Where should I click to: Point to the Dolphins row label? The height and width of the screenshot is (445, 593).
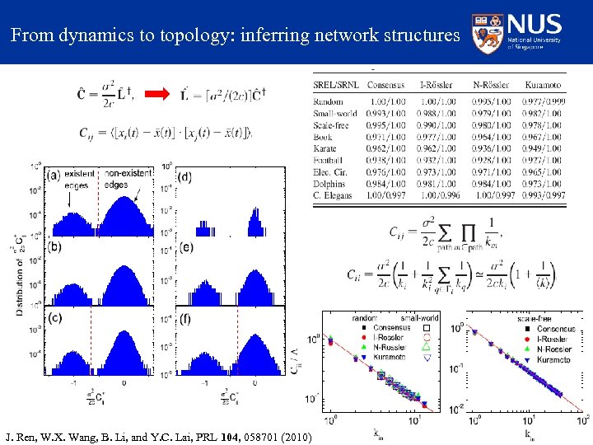[331, 183]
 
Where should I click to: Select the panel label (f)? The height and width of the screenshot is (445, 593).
[186, 318]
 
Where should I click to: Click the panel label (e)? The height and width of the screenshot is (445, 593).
[186, 246]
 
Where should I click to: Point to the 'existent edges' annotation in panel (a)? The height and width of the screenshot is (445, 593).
[79, 180]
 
